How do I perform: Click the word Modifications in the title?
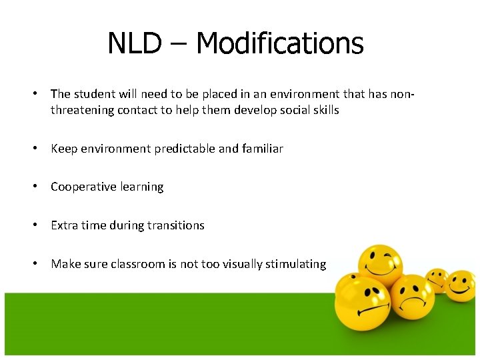pyautogui.click(x=280, y=44)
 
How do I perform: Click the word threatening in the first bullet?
pyautogui.click(x=82, y=110)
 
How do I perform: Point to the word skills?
pyautogui.click(x=325, y=110)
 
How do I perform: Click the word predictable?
pyautogui.click(x=185, y=149)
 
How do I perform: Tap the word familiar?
pyautogui.click(x=263, y=149)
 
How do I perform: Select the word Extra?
pyautogui.click(x=64, y=225)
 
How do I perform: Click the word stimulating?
pyautogui.click(x=296, y=264)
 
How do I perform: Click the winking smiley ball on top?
pyautogui.click(x=381, y=263)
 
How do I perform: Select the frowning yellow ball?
pyautogui.click(x=411, y=297)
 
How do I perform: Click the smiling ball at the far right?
pyautogui.click(x=459, y=285)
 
